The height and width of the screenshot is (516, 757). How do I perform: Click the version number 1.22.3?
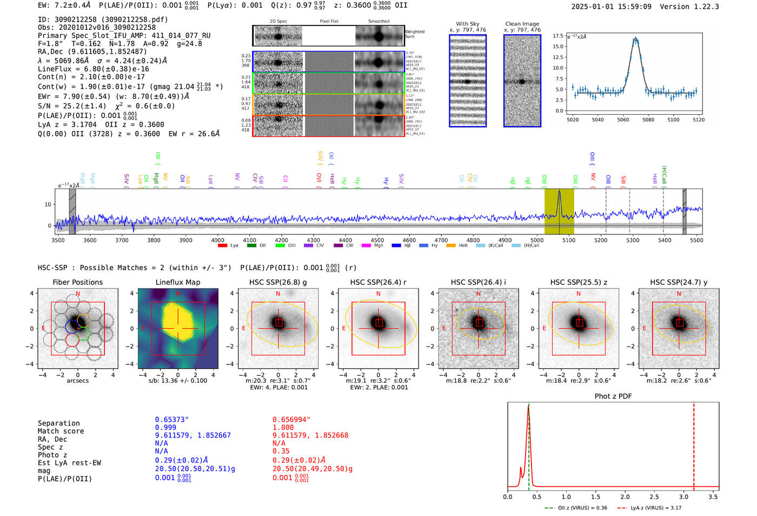coord(701,6)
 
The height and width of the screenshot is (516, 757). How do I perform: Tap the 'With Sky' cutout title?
coord(468,24)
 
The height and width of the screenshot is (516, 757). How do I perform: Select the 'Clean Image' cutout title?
coord(522,24)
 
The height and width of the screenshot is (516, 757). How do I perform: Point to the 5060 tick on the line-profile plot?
coord(623,120)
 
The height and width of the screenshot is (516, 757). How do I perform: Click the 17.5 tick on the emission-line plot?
coord(558,36)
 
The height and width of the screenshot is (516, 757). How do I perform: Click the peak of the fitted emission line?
coord(636,38)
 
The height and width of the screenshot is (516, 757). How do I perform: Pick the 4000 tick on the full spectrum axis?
coord(217,240)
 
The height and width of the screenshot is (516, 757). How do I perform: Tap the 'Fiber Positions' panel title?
coord(77,282)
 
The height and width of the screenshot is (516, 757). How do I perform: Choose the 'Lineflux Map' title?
coord(177,282)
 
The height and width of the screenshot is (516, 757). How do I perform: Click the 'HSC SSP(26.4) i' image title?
coord(478,282)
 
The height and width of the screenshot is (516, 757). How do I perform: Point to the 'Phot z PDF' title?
coord(613,396)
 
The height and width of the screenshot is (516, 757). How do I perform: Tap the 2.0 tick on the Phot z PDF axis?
coord(625,497)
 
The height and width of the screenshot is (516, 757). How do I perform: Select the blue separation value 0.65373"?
coord(171,420)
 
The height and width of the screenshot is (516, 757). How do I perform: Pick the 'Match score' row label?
coord(61,431)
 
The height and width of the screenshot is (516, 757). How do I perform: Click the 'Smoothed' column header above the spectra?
coord(378,22)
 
